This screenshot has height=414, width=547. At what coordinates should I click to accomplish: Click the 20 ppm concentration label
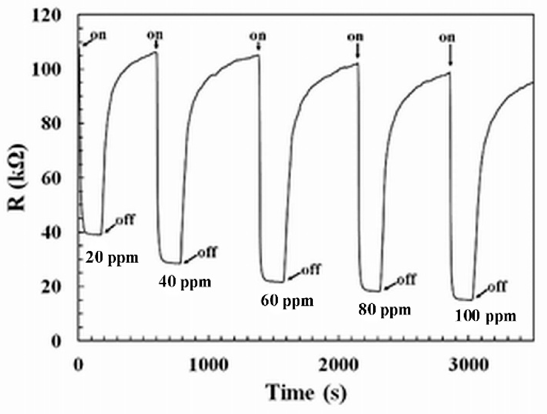click(x=112, y=258)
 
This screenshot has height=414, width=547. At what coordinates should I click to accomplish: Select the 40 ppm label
click(x=185, y=282)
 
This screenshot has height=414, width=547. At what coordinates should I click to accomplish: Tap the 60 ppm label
click(x=287, y=301)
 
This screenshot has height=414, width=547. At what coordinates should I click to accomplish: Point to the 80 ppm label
click(x=384, y=310)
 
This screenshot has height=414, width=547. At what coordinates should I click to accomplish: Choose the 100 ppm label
click(x=485, y=316)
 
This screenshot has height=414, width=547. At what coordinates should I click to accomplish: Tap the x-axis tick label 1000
click(x=208, y=365)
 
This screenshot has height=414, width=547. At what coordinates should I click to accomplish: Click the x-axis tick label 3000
click(x=468, y=365)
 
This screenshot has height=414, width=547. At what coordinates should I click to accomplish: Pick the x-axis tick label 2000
click(x=338, y=365)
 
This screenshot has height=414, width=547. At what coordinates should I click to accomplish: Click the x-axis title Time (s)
click(x=306, y=393)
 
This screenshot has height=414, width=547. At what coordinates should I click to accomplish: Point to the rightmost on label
click(x=447, y=37)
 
